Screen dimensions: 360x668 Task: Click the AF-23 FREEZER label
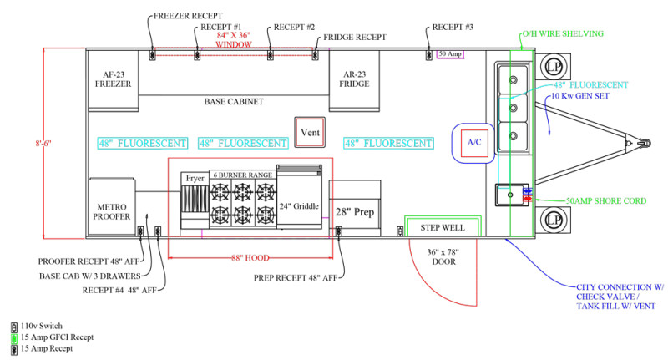tap(112, 79)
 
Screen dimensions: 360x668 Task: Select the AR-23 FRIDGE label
tap(353, 79)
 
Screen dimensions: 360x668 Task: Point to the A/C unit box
tap(474, 142)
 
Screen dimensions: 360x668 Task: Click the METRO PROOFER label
tap(112, 210)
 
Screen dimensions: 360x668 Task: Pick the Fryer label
tap(195, 179)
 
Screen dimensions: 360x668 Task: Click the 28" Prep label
tap(354, 211)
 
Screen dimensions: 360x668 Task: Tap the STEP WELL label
tap(442, 227)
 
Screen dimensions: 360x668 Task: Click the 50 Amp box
tap(449, 54)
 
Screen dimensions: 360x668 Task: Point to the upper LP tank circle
tap(553, 66)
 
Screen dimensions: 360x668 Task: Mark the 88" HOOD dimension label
tap(251, 257)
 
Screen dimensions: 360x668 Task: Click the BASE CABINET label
tap(234, 102)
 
